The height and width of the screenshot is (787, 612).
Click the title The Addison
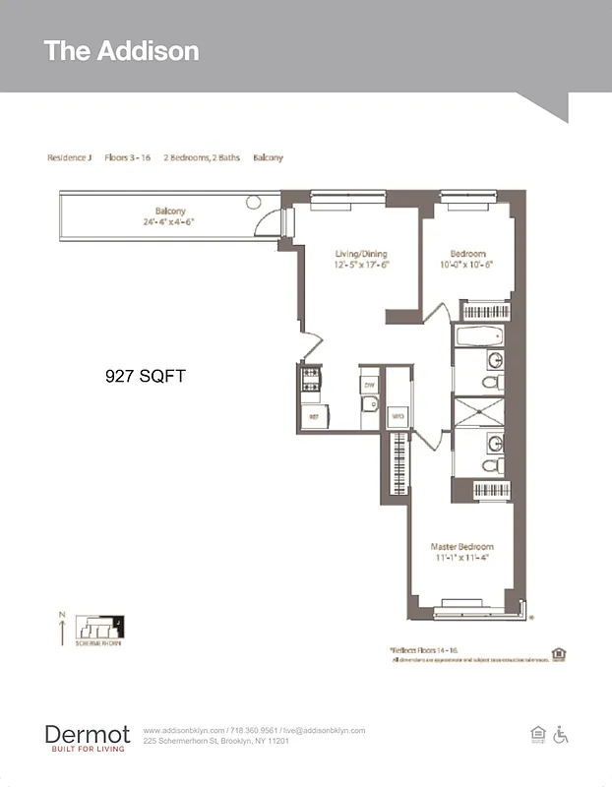pos(121,51)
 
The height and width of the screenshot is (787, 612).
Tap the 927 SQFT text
pos(145,376)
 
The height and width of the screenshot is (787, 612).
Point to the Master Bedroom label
pos(461,546)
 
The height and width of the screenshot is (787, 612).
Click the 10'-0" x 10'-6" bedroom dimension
pos(464,264)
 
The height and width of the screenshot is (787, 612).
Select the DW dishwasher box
pos(369,385)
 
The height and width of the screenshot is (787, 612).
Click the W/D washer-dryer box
pos(398,417)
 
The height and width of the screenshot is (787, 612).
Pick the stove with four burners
pos(311,378)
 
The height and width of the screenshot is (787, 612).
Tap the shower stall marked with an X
pos(479,411)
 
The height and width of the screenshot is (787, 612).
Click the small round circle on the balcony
pos(253,202)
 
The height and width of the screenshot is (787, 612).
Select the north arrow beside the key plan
pos(62,629)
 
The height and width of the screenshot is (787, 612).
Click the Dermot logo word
pos(87,734)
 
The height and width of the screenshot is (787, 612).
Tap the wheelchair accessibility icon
pos(562,734)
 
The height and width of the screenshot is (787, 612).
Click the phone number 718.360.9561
pos(255,730)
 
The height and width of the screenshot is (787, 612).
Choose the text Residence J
pos(69,157)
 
